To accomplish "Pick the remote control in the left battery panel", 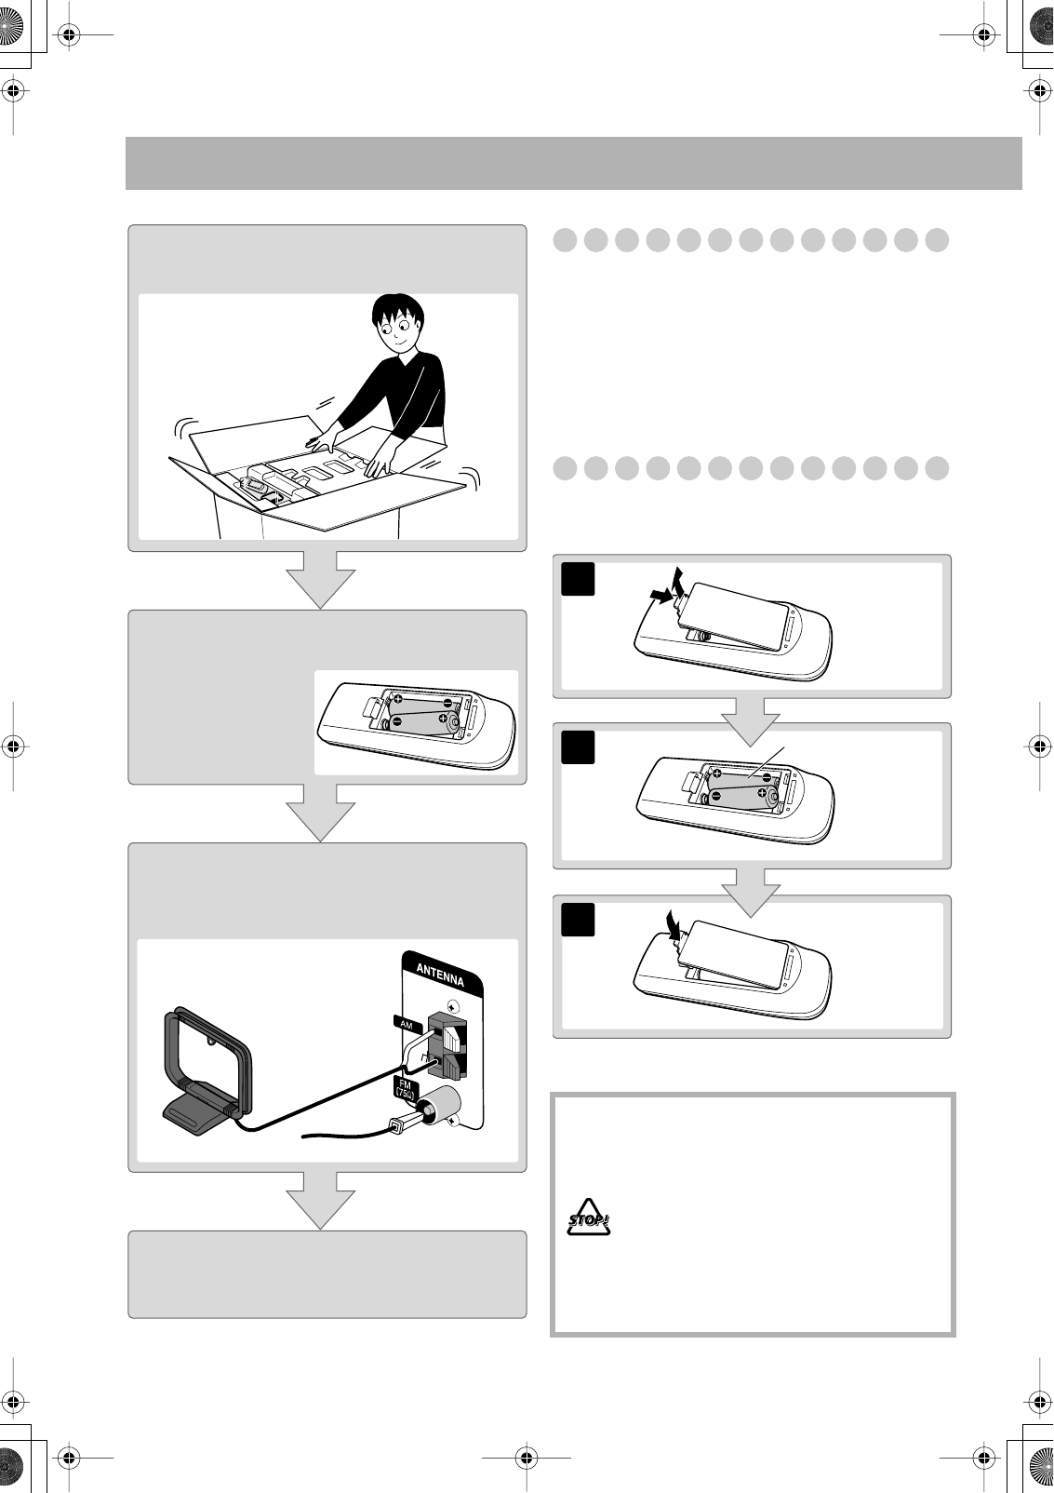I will point(416,727).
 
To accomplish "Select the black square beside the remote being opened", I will point(579,580).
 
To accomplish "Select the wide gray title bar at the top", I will point(573,163).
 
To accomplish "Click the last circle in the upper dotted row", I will point(937,240).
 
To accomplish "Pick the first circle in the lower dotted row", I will point(565,467).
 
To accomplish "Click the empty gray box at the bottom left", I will point(327,1274).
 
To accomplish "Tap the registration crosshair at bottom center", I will point(527,1458).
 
